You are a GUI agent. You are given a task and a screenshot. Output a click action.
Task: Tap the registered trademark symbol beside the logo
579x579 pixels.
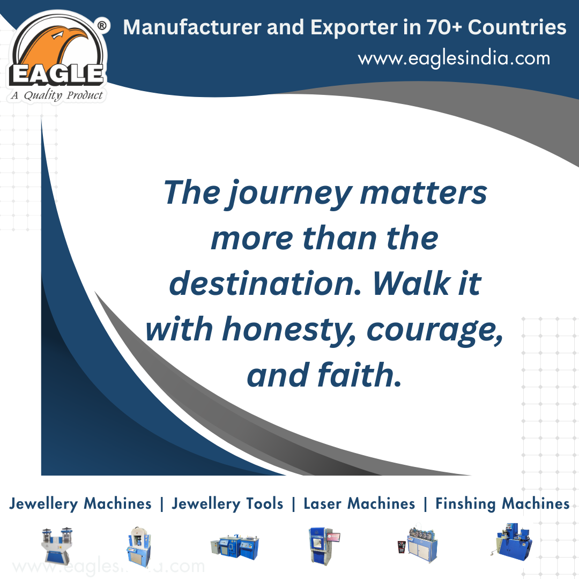[x=102, y=26]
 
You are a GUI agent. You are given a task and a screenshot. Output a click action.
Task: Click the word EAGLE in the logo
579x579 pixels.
[x=56, y=74]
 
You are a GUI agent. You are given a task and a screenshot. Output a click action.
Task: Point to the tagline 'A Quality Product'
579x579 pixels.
[x=57, y=95]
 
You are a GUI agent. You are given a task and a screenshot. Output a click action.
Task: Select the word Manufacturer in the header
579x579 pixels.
[x=192, y=27]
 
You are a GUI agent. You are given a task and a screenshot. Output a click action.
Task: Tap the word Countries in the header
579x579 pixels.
[x=517, y=27]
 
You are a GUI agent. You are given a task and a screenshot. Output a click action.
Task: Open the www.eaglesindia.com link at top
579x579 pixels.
[x=454, y=59]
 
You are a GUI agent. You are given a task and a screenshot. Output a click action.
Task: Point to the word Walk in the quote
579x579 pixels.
[x=412, y=284]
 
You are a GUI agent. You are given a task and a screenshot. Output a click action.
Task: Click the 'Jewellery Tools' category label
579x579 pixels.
[x=227, y=504]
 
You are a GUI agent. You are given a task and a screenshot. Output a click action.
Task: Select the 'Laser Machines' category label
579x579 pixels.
[x=359, y=503]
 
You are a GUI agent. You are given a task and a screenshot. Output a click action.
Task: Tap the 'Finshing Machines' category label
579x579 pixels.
[x=502, y=504]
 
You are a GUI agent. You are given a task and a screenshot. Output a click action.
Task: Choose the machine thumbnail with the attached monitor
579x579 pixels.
[x=324, y=545]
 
